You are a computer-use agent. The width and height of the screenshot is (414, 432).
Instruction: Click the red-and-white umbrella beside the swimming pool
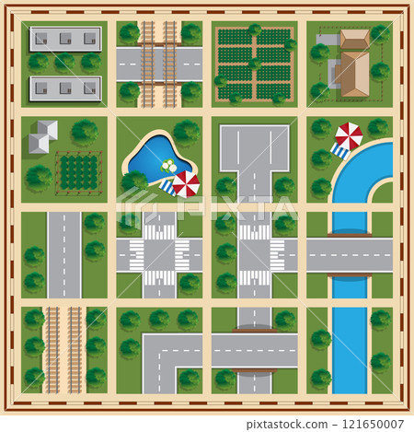pos(186,184)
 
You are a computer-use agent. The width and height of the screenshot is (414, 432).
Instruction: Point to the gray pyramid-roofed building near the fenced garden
pos(42,137)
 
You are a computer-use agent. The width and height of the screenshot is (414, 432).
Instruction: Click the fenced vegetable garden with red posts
pos(78,172)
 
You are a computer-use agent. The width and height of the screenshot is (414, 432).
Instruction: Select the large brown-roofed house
pos(351,72)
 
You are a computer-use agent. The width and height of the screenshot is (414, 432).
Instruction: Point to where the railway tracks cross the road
pos(159,64)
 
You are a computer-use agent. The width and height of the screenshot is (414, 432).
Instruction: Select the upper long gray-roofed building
pos(65,39)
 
